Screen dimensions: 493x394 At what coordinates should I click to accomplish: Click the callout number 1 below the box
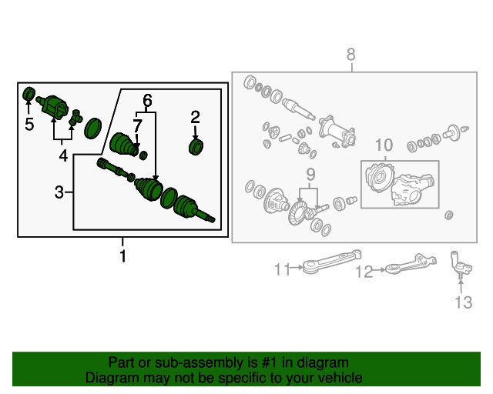pos(122,255)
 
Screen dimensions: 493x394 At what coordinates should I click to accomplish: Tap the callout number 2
pos(195,117)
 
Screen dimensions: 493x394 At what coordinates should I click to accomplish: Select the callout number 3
pos(59,192)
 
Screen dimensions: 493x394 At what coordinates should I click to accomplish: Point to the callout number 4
pos(63,155)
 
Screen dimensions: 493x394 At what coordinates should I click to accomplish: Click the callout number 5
pos(29,124)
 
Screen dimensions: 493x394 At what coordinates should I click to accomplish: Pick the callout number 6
pos(147,101)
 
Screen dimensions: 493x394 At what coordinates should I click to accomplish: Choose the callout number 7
pos(137,126)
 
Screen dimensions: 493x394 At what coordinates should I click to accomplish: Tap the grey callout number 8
pos(351,55)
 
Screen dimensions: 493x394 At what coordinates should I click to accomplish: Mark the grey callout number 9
pos(310,175)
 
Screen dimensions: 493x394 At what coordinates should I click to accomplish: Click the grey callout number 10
pos(384,145)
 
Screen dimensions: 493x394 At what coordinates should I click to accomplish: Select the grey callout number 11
pos(282,269)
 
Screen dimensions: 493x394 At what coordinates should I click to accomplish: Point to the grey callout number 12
pos(364,272)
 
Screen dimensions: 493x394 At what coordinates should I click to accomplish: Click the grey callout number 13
pos(464,302)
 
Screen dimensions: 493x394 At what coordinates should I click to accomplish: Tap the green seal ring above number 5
pos(29,94)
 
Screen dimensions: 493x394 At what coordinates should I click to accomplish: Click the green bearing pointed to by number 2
pos(196,147)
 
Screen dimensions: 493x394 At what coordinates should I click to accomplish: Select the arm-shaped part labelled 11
pos(332,262)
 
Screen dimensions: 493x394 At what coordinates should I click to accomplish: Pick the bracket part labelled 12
pos(411,265)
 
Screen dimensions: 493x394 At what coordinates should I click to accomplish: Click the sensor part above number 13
pos(461,265)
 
